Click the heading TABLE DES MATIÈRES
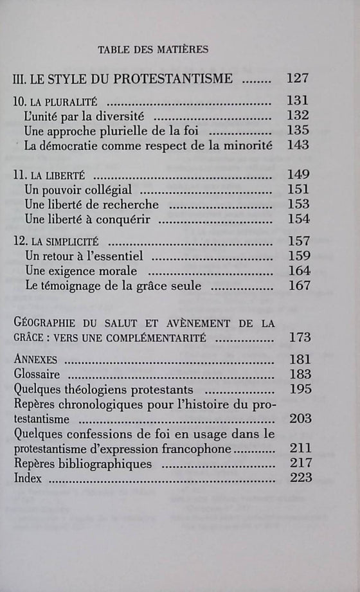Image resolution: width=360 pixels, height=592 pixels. (152, 49)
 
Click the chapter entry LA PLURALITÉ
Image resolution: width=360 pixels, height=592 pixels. (59, 102)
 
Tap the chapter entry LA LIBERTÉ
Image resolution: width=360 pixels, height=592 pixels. (54, 175)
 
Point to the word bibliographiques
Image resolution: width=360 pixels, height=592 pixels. (106, 463)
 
